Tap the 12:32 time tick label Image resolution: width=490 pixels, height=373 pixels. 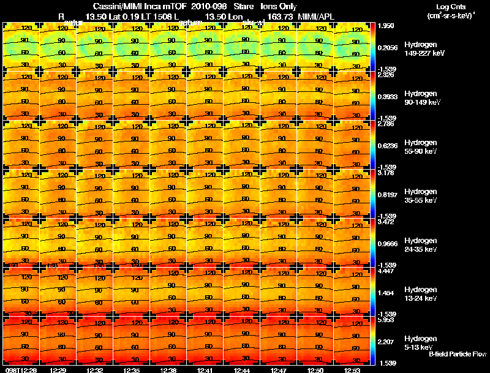coord(94,370)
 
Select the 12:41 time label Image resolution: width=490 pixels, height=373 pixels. coord(205,370)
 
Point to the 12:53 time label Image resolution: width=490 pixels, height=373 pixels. coord(352,370)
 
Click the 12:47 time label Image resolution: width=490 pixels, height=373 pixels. coord(279,370)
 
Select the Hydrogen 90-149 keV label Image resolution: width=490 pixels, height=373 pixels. coord(420,98)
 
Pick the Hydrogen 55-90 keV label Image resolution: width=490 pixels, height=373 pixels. coord(420,147)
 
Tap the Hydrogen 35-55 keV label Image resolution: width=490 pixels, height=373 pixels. coord(420,196)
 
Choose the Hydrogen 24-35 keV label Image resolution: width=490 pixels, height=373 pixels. coord(420,245)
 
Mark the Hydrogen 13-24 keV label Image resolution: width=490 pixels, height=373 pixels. coord(420,294)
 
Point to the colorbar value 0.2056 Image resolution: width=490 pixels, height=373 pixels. coord(387,47)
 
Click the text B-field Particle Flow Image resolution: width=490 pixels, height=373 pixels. coord(458,354)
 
